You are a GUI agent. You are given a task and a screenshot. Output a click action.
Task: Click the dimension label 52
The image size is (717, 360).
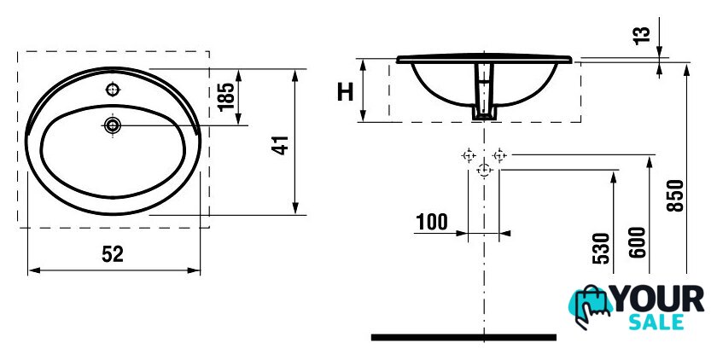pyautogui.click(x=113, y=254)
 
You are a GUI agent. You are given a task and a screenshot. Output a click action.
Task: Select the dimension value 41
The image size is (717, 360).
pyautogui.click(x=281, y=145)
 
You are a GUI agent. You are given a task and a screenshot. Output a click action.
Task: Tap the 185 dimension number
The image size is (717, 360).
pyautogui.click(x=226, y=97)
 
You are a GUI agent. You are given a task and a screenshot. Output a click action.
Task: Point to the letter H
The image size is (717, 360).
pyautogui.click(x=345, y=92)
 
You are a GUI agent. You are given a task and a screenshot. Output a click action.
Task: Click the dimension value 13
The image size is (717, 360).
pyautogui.click(x=642, y=36)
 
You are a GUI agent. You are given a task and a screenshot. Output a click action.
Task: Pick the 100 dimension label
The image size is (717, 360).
pyautogui.click(x=432, y=222)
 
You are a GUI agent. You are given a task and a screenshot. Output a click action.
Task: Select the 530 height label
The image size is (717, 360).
pyautogui.click(x=601, y=248)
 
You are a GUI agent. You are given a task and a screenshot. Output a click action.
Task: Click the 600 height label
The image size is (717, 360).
pyautogui.click(x=638, y=242)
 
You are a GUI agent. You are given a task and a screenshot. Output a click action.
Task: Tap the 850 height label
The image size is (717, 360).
pyautogui.click(x=675, y=195)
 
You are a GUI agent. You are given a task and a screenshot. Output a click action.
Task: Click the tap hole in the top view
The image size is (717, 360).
pyautogui.click(x=113, y=90)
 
